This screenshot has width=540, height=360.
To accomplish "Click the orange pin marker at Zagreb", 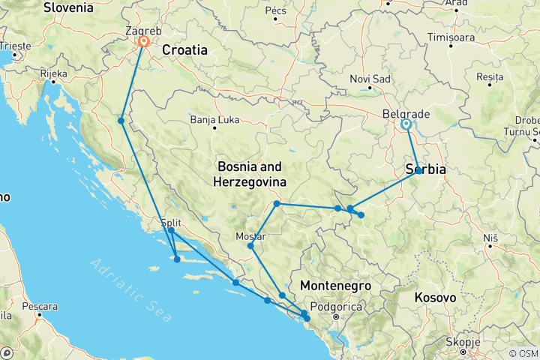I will click(x=142, y=43).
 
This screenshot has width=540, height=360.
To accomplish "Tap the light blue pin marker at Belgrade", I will click(x=406, y=124).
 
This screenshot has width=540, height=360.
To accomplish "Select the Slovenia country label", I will click(x=68, y=7).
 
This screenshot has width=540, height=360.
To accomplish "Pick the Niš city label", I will click(x=490, y=237).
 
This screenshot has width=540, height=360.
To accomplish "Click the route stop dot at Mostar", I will click(x=250, y=246).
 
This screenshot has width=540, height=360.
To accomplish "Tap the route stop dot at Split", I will click(x=171, y=231).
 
